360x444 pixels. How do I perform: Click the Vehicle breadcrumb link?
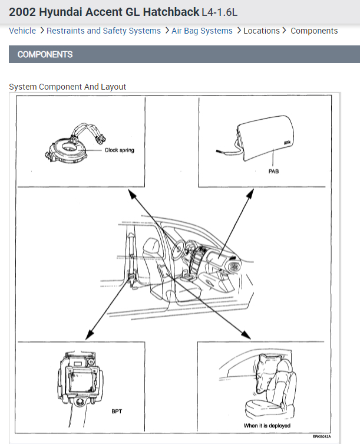click(22, 31)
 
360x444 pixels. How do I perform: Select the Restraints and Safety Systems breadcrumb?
click(104, 31)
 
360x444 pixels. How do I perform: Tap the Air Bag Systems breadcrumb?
click(202, 31)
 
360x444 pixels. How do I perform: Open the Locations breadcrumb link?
click(262, 31)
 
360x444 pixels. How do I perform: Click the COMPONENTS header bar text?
click(45, 54)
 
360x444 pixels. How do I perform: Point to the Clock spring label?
click(120, 150)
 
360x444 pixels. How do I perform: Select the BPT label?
click(117, 411)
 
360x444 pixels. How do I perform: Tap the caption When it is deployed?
click(267, 426)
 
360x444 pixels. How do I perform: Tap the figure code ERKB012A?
click(322, 437)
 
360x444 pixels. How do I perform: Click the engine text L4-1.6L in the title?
click(220, 12)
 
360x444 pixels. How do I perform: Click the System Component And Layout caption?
click(68, 87)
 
